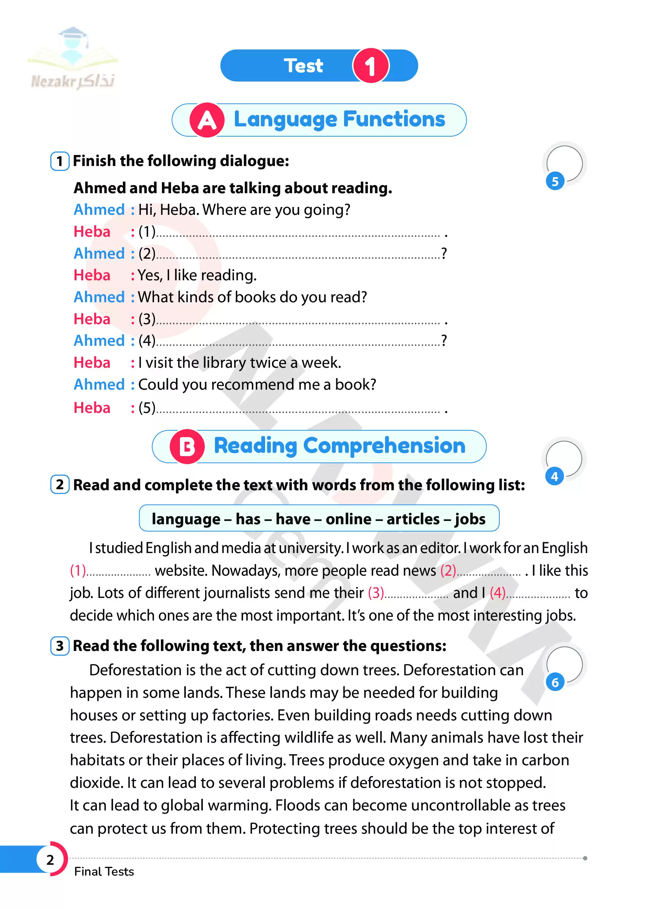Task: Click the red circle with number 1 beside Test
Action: pyautogui.click(x=370, y=66)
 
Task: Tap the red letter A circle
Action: pyautogui.click(x=206, y=120)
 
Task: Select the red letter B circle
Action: pyautogui.click(x=187, y=447)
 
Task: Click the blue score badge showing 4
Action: pyautogui.click(x=554, y=476)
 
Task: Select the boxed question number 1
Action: pyautogui.click(x=60, y=161)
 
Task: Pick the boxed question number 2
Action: pyautogui.click(x=60, y=485)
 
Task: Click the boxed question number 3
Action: pyautogui.click(x=60, y=646)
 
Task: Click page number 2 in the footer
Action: pyautogui.click(x=50, y=860)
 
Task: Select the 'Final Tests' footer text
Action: pyautogui.click(x=104, y=872)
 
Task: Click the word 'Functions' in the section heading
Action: pyautogui.click(x=394, y=119)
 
